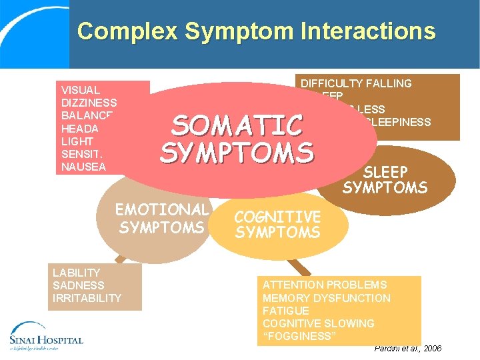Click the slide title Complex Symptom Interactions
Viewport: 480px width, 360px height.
point(256,31)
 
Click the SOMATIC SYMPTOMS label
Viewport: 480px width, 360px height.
point(236,139)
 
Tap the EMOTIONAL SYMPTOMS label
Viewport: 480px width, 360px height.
point(162,219)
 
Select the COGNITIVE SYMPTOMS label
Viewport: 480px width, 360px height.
point(277,225)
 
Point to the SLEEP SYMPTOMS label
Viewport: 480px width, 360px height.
point(385,179)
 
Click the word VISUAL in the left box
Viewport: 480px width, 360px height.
point(80,90)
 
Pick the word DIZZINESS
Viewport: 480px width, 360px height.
point(89,103)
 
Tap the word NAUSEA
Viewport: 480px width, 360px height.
point(83,167)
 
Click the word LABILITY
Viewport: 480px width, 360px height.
point(76,273)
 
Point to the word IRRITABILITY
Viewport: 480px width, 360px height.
point(87,298)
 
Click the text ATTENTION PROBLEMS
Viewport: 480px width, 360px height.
point(325,285)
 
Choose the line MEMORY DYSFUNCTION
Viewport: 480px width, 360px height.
point(327,298)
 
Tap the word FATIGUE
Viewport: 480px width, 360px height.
point(285,311)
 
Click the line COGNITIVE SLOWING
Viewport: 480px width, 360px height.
point(319,323)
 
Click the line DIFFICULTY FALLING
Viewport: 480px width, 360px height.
point(356,83)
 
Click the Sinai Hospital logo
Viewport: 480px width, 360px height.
point(45,335)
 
